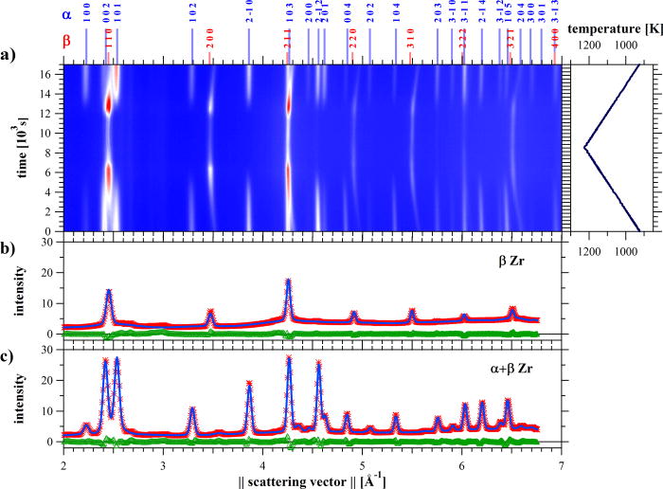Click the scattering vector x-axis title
tap(312, 480)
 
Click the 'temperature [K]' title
tap(613, 28)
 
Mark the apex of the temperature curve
tap(585, 147)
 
